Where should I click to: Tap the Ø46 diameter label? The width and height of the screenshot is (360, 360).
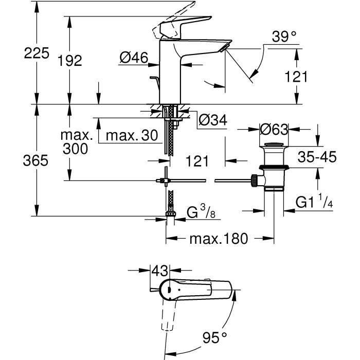133,59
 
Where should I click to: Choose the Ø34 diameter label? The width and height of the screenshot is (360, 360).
212,120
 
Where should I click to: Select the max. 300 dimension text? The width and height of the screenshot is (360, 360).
76,142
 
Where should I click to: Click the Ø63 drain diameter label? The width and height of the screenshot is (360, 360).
274,129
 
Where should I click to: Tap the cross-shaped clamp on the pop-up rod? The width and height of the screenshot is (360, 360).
165,180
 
